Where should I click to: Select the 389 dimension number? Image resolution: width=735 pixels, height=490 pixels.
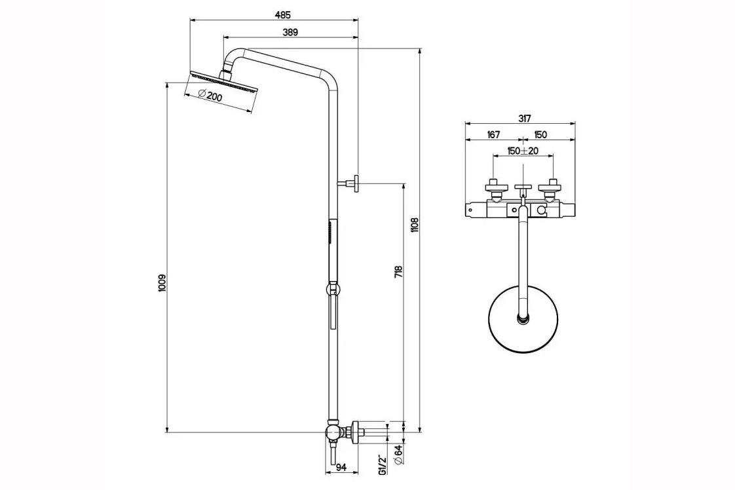pos(292,33)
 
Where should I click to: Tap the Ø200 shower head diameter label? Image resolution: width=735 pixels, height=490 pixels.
pos(210,97)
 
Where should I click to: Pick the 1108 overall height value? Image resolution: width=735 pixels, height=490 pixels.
pos(414,225)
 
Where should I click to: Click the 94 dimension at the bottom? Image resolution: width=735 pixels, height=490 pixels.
pos(341,467)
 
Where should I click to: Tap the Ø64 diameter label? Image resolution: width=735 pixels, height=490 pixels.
pos(398,454)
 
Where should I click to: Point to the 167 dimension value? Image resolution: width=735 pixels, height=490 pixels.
pos(493,135)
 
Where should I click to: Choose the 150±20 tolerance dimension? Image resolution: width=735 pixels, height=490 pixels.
pos(523,151)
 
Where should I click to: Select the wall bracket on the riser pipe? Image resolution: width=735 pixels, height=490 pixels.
pos(352,184)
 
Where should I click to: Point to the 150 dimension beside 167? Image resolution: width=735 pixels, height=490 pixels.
pos(540,135)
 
